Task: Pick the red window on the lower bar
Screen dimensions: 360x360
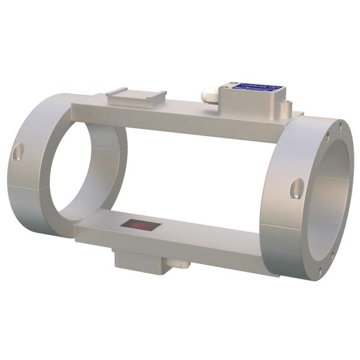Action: [139, 226]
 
